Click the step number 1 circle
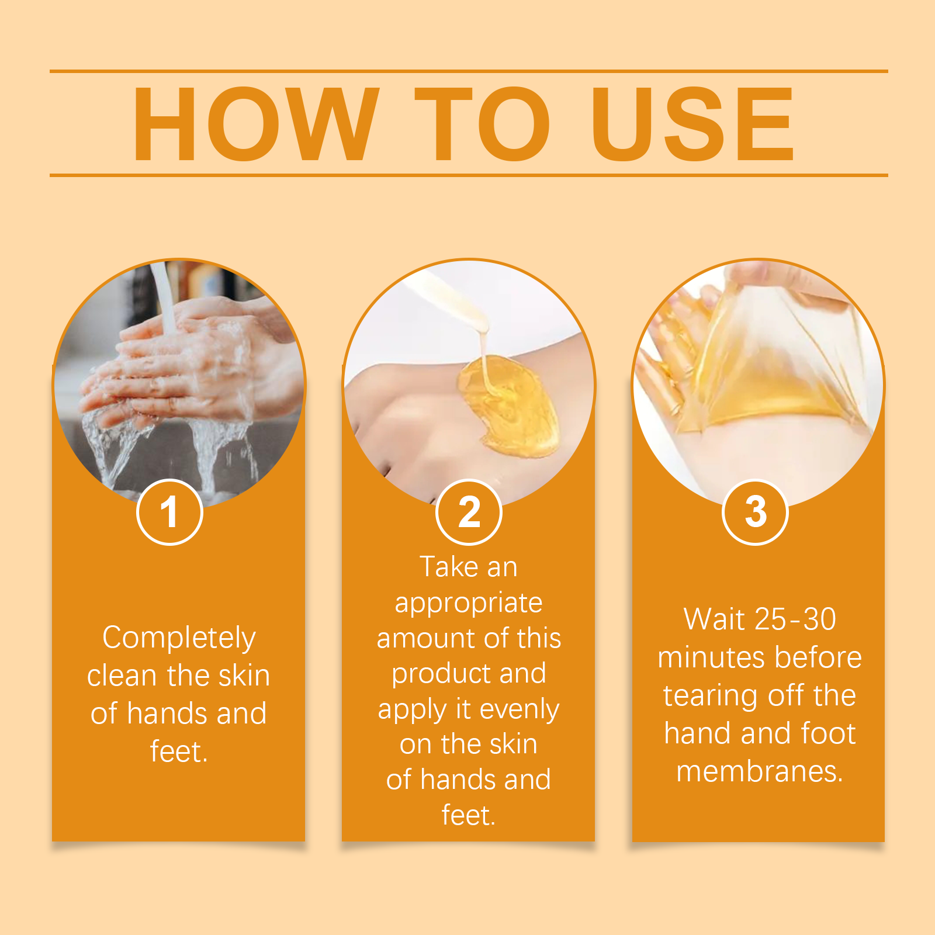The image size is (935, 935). (x=169, y=512)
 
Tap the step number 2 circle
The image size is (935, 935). (x=469, y=512)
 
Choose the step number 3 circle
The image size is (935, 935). (x=756, y=512)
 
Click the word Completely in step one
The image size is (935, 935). (x=179, y=638)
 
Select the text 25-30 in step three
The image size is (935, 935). (x=795, y=619)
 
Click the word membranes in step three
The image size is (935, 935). (x=760, y=771)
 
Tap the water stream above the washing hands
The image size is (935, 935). (x=165, y=298)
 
